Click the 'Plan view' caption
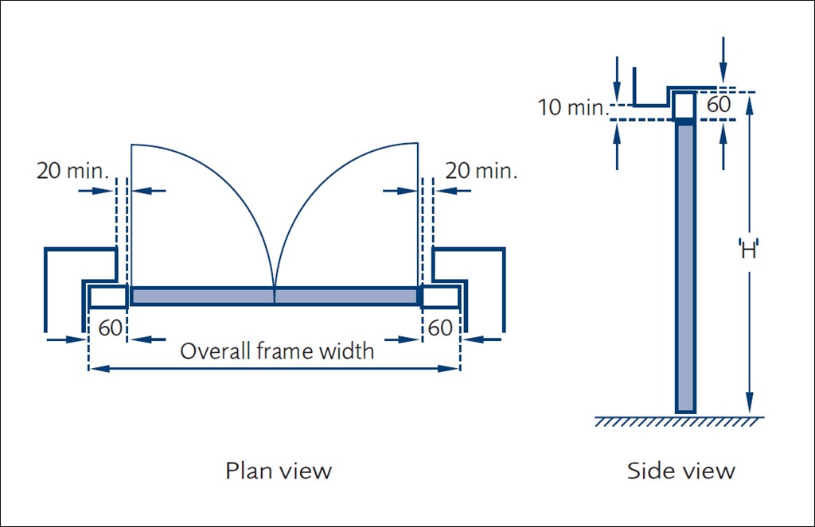coord(279,471)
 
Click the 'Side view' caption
coord(680,471)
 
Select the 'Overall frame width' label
coord(276,351)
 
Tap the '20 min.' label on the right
coord(481,170)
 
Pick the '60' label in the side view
coord(719,105)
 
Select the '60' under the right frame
coord(440,327)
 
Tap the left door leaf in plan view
coord(202,296)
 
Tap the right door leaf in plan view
coord(345,296)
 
